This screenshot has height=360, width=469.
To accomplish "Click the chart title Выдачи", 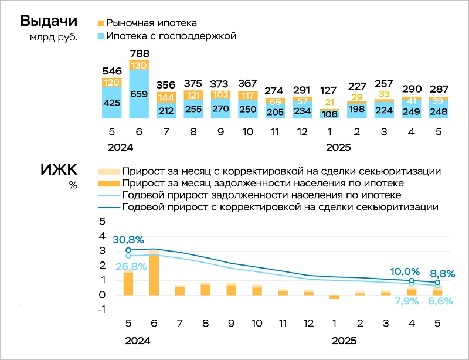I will [x=49, y=22].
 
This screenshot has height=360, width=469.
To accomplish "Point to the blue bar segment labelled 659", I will [x=140, y=94].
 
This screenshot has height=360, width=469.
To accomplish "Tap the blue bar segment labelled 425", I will [x=111, y=103].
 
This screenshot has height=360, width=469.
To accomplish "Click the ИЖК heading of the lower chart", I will [x=58, y=171].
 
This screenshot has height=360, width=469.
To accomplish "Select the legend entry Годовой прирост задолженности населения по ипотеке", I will [x=261, y=195].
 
